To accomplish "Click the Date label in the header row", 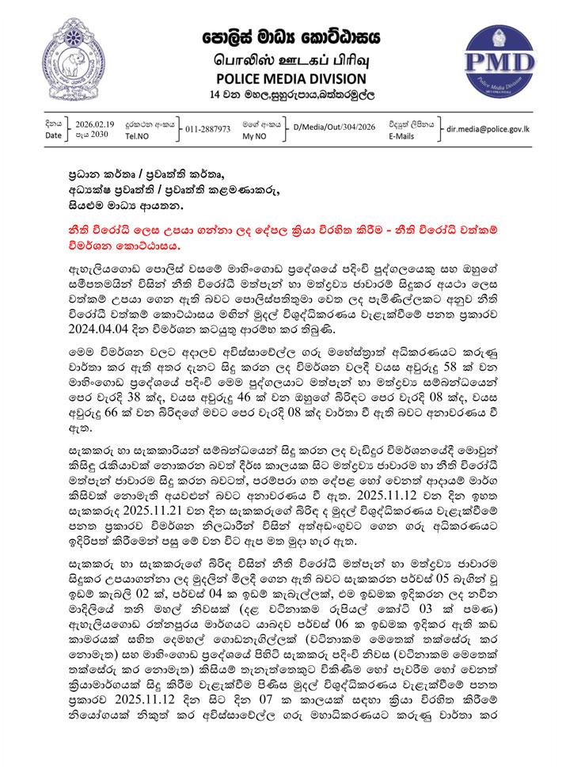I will (x=53, y=135).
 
